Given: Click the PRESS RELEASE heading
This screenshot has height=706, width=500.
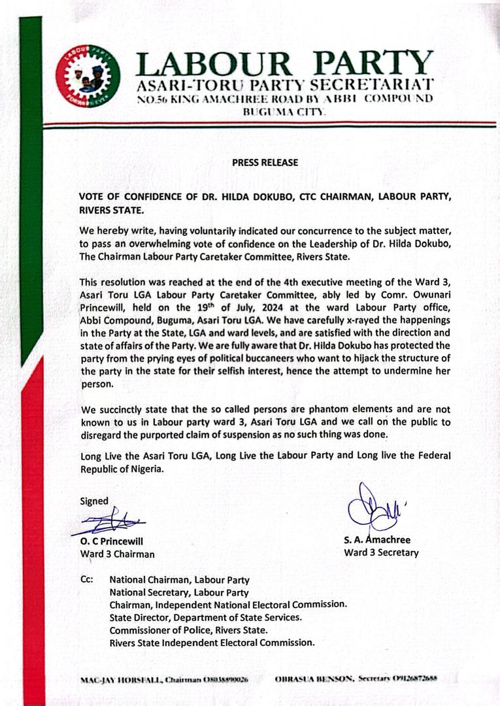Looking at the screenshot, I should [x=265, y=162].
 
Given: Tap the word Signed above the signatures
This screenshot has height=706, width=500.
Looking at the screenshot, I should [x=94, y=501].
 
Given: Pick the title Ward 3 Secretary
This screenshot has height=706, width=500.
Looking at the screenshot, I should [x=381, y=552].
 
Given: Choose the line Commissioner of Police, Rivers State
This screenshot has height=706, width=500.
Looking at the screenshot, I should [x=188, y=630].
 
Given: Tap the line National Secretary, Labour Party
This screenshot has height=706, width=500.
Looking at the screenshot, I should [x=179, y=592].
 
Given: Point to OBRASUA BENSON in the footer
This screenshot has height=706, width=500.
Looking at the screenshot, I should [x=318, y=679].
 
